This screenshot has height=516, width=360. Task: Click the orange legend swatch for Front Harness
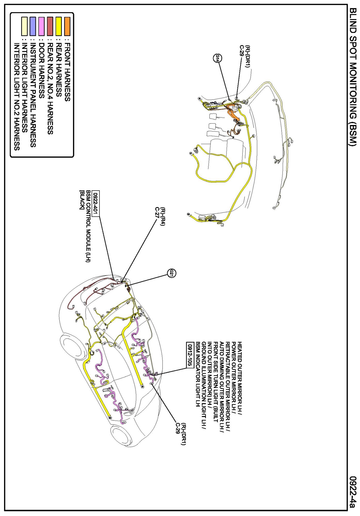67,26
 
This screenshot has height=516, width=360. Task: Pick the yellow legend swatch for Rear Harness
59,26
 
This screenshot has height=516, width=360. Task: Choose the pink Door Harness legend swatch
41,26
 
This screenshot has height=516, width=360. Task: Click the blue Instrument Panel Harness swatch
33,26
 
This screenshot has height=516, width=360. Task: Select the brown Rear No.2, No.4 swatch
50,26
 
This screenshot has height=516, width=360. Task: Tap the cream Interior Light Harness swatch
24,26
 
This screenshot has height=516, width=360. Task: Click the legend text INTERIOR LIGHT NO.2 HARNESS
17,97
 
